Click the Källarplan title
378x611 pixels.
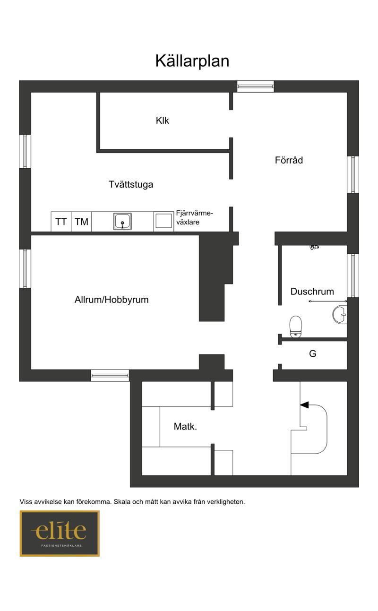click(192, 61)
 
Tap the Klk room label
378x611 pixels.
click(162, 120)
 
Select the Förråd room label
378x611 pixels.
click(289, 160)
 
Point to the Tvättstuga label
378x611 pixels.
click(131, 184)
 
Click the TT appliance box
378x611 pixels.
click(61, 222)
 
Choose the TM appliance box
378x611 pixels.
click(81, 222)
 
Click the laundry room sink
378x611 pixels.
click(122, 221)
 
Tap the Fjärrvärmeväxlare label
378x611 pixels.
click(194, 217)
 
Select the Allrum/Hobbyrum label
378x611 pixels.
click(112, 300)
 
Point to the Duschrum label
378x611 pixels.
click(312, 291)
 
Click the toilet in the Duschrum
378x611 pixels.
click(296, 327)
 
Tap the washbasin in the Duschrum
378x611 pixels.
click(340, 315)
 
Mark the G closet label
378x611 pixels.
click(312, 353)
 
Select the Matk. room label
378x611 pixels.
click(185, 426)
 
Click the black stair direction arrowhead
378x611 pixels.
click(304, 405)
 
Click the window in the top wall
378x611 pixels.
click(255, 86)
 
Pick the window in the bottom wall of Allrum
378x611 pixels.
click(110, 376)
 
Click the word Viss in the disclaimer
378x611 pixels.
click(26, 502)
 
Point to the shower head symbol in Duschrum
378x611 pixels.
click(314, 247)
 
